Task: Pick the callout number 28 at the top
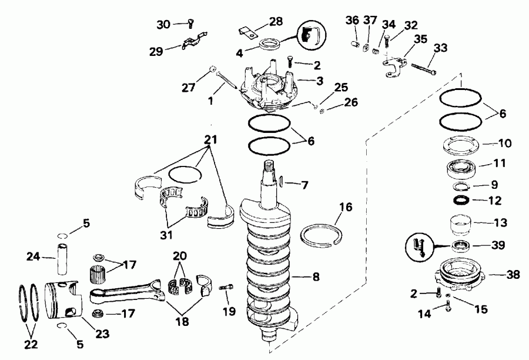point(275,21)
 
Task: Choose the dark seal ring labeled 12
point(461,201)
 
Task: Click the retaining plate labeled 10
point(461,144)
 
